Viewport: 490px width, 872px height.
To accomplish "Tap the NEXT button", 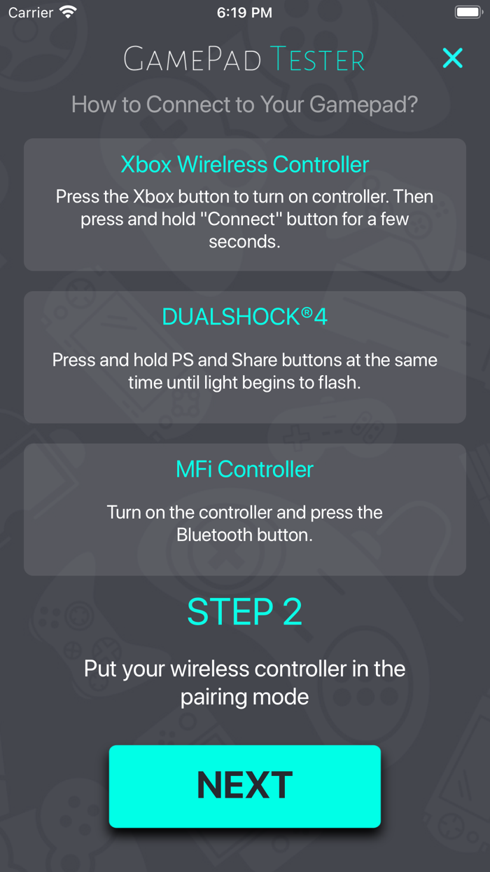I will pyautogui.click(x=244, y=785).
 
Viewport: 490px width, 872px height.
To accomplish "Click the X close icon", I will pyautogui.click(x=453, y=58).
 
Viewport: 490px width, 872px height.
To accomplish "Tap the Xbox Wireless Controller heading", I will pyautogui.click(x=244, y=164).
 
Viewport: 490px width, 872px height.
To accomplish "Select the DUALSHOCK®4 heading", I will pyautogui.click(x=244, y=317).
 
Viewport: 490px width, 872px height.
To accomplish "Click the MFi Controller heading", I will pyautogui.click(x=244, y=469).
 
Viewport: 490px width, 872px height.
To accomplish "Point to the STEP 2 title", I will pyautogui.click(x=244, y=612).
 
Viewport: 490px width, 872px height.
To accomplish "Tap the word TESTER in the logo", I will pyautogui.click(x=317, y=60).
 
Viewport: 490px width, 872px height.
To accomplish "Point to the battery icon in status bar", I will pyautogui.click(x=468, y=13).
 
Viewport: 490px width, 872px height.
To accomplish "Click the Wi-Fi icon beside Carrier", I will pyautogui.click(x=68, y=12).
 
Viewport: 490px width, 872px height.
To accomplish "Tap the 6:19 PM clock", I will pyautogui.click(x=244, y=13).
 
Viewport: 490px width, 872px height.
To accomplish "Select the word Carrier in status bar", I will pyautogui.click(x=30, y=13).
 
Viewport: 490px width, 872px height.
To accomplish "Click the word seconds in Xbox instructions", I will pyautogui.click(x=244, y=241).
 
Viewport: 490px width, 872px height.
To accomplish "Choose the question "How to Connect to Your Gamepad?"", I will pyautogui.click(x=244, y=105).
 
